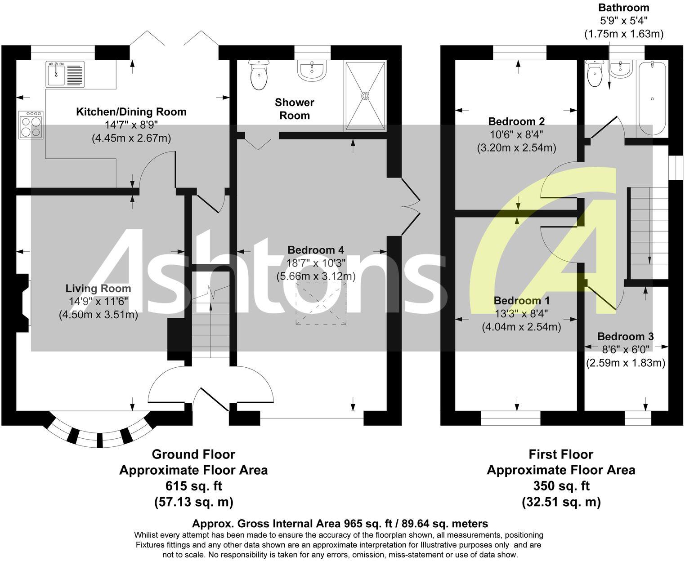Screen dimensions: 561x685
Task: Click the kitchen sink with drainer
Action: click(65, 74)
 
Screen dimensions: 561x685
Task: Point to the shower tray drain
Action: click(365, 95)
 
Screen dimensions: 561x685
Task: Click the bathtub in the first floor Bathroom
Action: click(652, 99)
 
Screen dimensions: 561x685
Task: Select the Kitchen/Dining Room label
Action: click(131, 112)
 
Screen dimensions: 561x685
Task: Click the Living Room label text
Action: click(98, 289)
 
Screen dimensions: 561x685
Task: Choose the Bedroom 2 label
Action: click(516, 121)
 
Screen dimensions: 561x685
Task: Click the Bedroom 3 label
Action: click(625, 337)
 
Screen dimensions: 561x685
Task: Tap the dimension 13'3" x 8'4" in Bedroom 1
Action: click(522, 314)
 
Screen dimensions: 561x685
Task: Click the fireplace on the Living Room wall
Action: click(23, 303)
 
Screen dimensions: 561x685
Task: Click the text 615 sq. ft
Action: click(193, 486)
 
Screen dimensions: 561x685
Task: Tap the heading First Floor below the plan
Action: click(560, 454)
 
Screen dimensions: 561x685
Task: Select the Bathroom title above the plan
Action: click(623, 8)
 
